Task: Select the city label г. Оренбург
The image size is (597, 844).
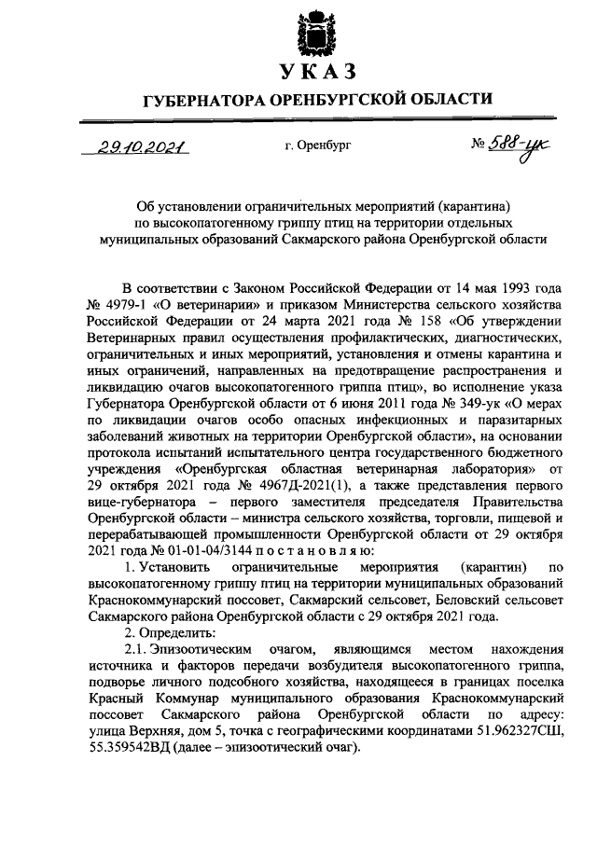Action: (318, 146)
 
